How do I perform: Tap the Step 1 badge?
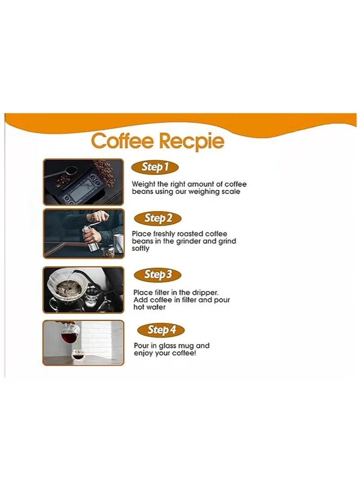(155, 167)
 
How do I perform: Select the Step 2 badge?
(158, 219)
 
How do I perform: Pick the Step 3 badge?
(157, 274)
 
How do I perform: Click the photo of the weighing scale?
(83, 182)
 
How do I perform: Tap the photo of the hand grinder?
(83, 233)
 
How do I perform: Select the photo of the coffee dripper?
(83, 290)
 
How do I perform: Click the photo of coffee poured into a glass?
(83, 342)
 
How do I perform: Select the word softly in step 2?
(141, 249)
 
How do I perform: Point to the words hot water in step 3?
(149, 308)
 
